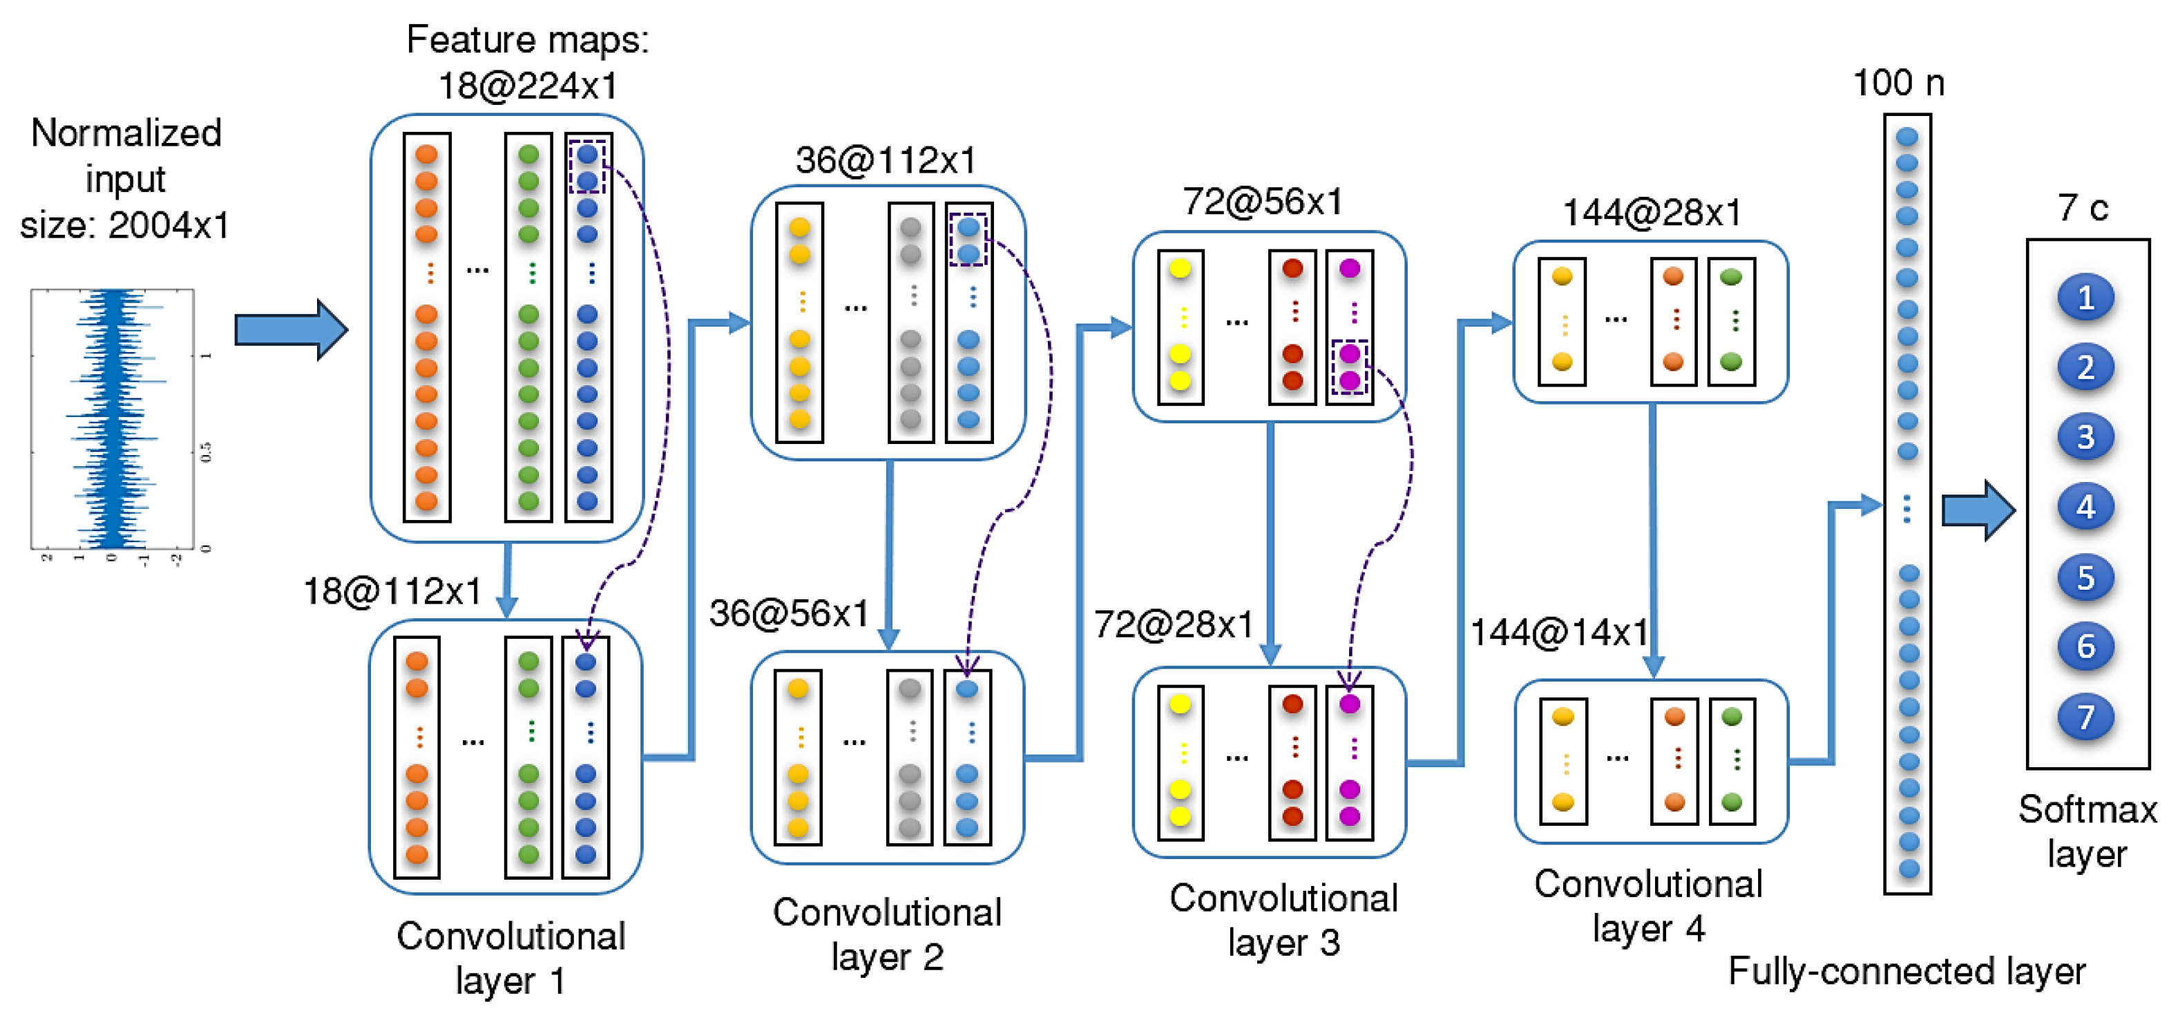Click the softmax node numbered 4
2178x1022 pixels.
pos(2085,507)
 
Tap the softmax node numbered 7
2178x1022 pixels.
pos(2085,717)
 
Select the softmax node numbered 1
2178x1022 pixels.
pos(2085,298)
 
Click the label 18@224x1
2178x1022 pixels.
pos(528,86)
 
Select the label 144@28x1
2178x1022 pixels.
pos(1651,212)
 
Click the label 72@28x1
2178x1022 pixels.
pos(1174,625)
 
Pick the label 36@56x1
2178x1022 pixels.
pos(789,614)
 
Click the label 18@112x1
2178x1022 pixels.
pos(392,592)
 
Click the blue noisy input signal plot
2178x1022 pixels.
pos(113,418)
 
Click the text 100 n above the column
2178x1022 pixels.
pos(1898,84)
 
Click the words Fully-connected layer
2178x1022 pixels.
pos(1906,972)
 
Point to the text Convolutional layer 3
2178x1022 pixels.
pos(1283,920)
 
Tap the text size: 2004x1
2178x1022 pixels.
pos(125,226)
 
